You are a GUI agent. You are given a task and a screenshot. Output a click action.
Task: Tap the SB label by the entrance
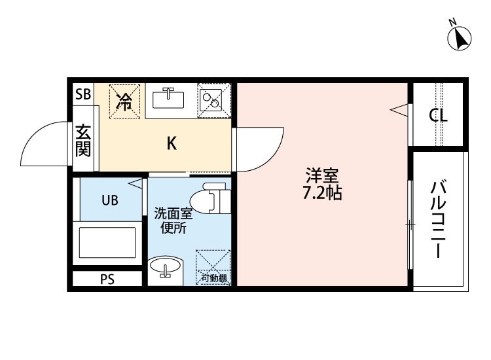83,94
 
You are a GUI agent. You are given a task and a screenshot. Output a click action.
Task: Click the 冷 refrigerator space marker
124,101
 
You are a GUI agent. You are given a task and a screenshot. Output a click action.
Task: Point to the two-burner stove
214,101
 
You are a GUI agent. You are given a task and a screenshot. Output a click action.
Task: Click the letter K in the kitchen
172,144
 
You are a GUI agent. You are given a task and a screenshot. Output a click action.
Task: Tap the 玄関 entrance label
83,141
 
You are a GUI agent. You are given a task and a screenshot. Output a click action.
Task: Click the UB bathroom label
110,200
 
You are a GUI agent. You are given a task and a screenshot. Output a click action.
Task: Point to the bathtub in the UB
107,243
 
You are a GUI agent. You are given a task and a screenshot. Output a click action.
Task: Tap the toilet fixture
210,198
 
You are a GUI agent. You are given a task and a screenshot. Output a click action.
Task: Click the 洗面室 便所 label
173,221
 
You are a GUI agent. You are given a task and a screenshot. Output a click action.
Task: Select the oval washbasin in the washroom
165,266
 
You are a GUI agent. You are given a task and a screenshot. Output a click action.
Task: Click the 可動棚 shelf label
214,278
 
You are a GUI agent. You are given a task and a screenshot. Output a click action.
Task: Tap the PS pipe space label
107,279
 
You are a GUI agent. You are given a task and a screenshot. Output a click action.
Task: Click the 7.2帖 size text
322,193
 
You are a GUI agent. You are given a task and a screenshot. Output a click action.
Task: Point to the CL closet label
438,116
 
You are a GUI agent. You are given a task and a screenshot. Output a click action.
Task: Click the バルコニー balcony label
439,219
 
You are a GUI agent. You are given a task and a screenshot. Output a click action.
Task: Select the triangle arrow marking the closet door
399,110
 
